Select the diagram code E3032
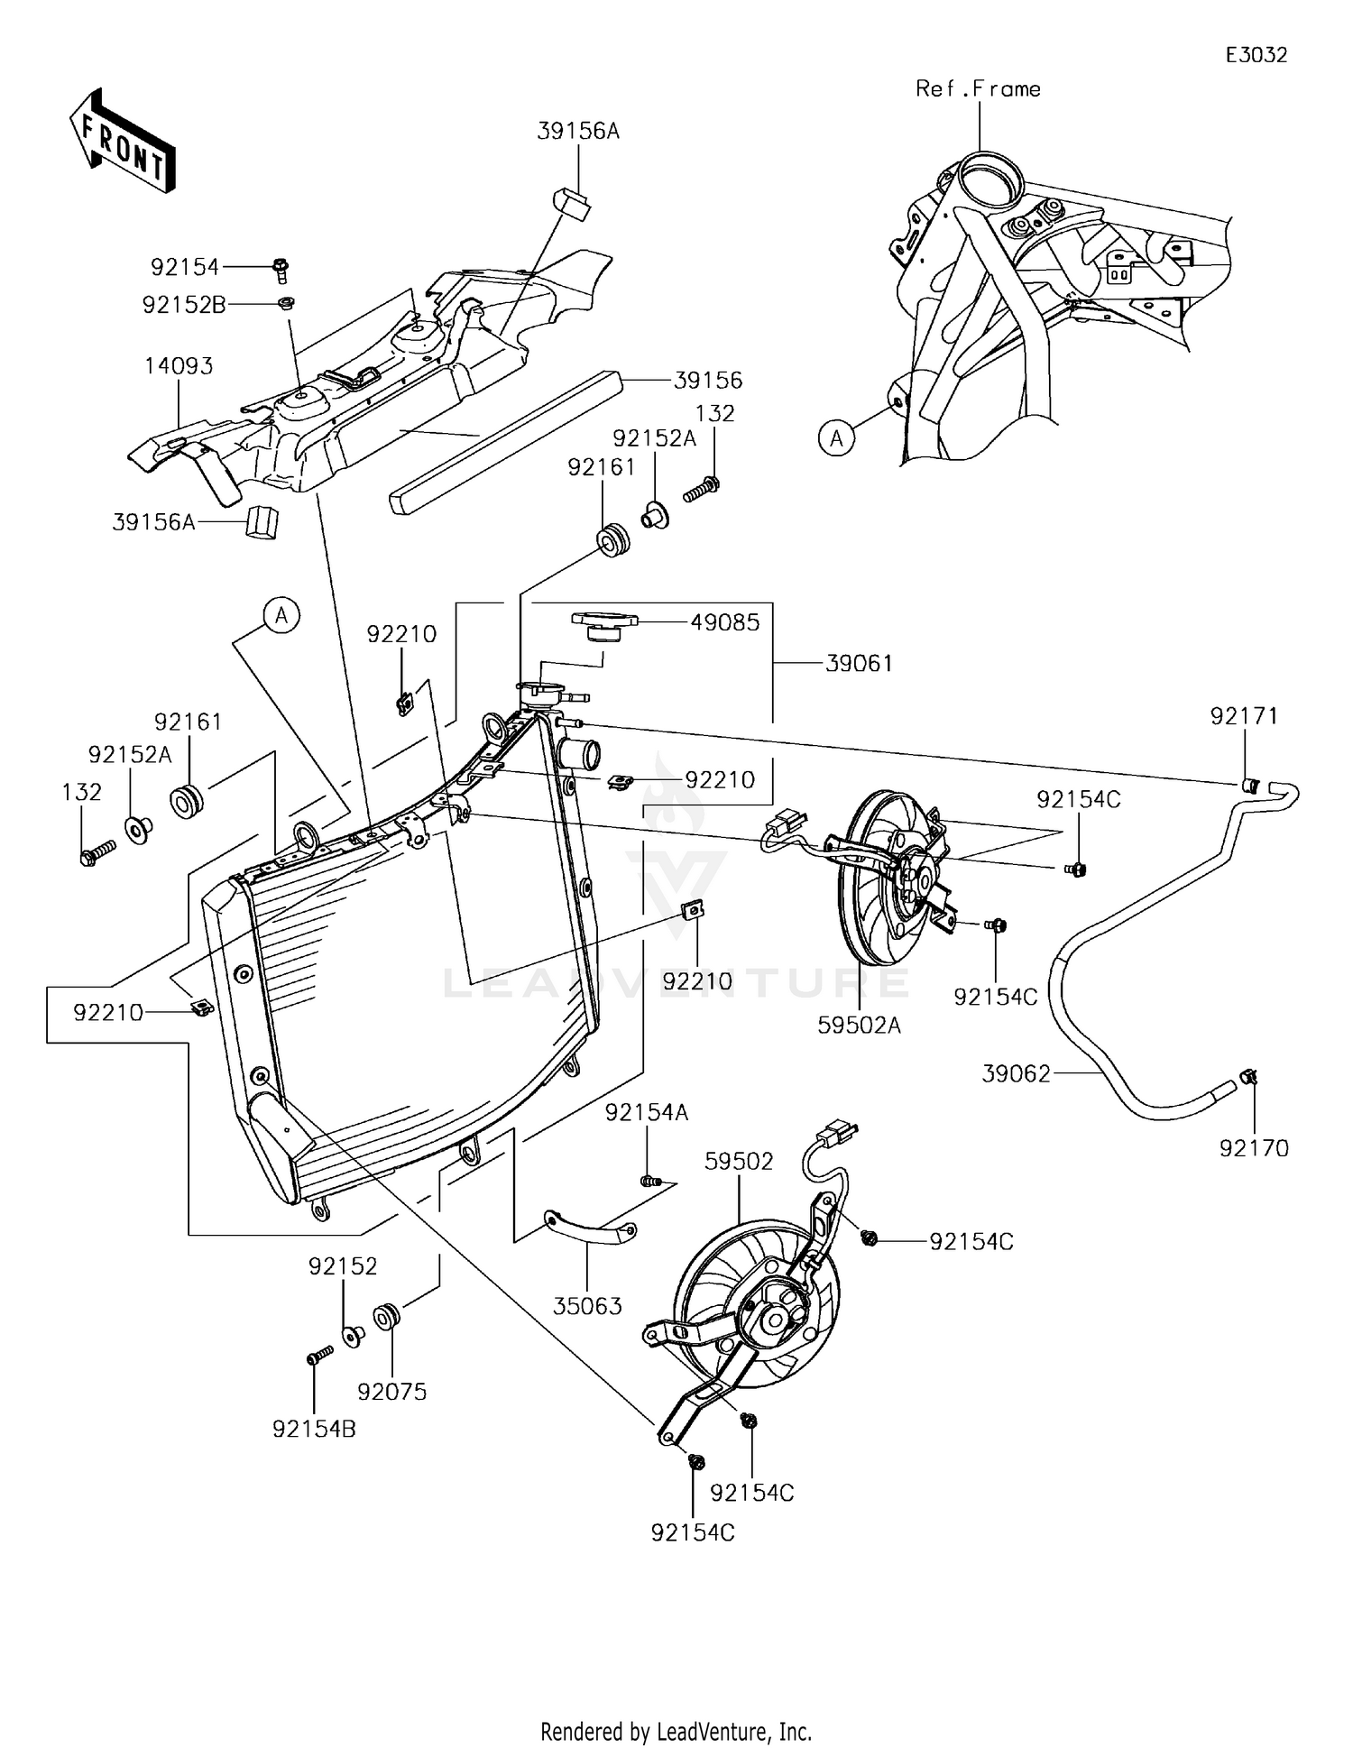tap(1256, 55)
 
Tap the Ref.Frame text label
tap(978, 88)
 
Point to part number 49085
tap(725, 622)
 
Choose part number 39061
tap(859, 664)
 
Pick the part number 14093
tap(179, 366)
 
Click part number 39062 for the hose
tap(1017, 1073)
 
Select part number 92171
tap(1244, 716)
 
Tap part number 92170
tap(1254, 1148)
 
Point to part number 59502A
tap(860, 1026)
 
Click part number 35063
tap(587, 1305)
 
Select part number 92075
tap(391, 1392)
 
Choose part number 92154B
tap(314, 1429)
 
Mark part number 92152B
tap(184, 305)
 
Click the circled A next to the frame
tap(836, 438)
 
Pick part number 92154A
tap(646, 1113)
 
